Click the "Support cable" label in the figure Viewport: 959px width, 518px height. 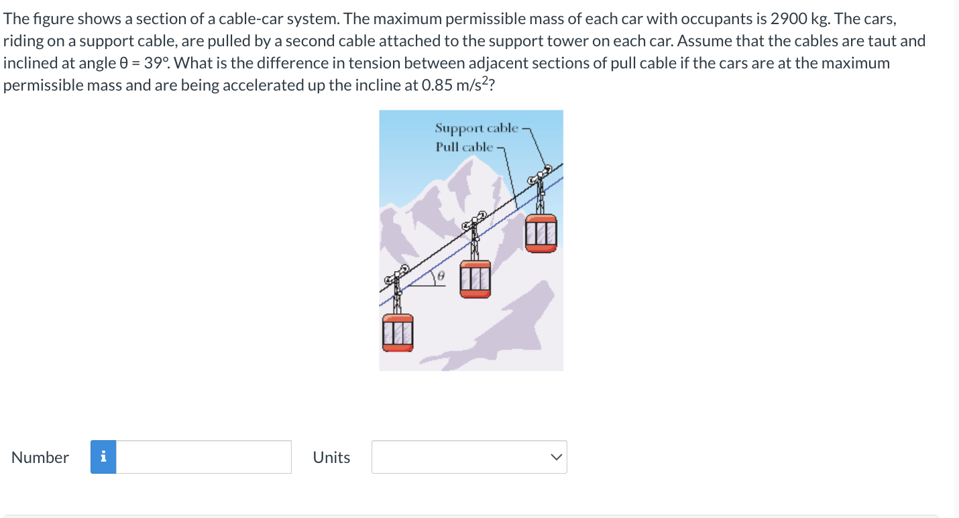coord(476,127)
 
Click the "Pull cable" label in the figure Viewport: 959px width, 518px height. coord(464,146)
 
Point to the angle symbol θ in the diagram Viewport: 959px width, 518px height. coord(442,276)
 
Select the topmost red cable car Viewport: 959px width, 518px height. coord(541,233)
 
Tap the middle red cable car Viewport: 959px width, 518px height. coord(475,278)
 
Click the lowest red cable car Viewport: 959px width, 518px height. coord(398,333)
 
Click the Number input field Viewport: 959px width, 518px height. coord(204,457)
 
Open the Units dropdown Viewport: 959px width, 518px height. coord(469,457)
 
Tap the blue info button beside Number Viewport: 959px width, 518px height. coord(103,457)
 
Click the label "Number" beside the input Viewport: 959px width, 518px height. coord(40,458)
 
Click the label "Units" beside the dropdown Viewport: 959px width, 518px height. coord(331,458)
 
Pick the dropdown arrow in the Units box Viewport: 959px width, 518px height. coord(555,457)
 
